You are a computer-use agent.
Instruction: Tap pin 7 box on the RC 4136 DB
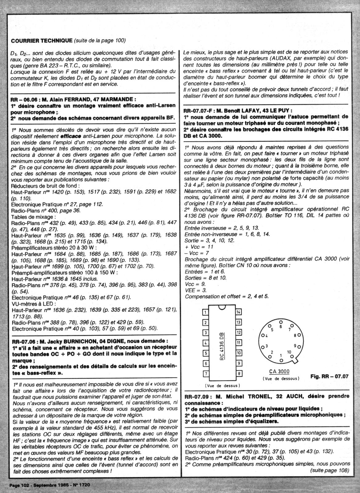(204, 374)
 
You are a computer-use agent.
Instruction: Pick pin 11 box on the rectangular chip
(238, 343)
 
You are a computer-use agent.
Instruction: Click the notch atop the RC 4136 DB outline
(221, 308)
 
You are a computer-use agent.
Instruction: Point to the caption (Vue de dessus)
(222, 385)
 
